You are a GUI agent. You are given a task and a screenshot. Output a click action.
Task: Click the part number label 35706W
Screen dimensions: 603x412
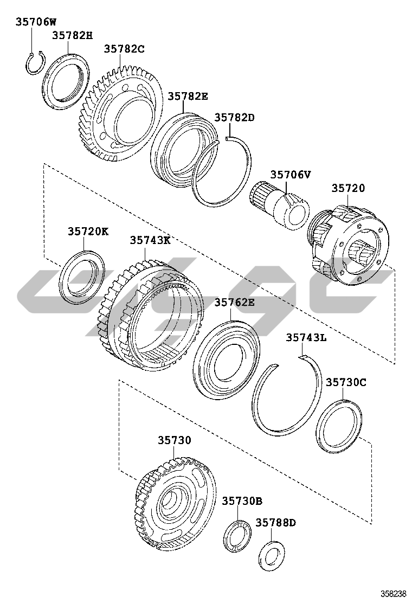[x=35, y=22]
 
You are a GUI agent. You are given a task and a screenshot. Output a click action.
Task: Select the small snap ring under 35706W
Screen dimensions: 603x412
[x=36, y=63]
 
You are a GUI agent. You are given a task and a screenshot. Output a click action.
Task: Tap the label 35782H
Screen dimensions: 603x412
[x=72, y=36]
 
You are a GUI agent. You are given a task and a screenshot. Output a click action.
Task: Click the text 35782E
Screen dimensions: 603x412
[x=188, y=96]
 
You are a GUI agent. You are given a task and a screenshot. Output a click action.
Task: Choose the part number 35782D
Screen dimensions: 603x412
[x=234, y=117]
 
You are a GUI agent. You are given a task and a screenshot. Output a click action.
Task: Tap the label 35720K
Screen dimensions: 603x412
[x=88, y=232]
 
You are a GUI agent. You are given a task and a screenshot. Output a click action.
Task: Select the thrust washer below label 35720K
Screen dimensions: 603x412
[x=82, y=277]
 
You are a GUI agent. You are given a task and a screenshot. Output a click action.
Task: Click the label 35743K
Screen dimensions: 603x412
[x=150, y=240]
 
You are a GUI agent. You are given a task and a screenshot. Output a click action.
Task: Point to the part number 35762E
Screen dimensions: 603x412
[x=234, y=303]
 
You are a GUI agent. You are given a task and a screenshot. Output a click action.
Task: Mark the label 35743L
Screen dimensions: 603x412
[x=306, y=337]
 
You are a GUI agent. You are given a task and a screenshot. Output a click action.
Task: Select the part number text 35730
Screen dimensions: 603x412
[x=175, y=440]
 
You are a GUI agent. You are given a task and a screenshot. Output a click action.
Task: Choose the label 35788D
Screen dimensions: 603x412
[x=276, y=523]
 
